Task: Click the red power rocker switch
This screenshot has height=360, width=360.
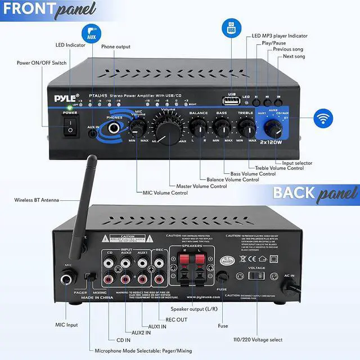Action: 70,130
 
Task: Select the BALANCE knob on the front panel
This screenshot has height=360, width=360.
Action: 198,127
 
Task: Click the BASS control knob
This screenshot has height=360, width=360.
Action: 222,128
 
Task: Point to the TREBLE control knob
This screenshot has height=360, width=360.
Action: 246,127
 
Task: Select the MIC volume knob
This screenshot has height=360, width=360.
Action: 137,127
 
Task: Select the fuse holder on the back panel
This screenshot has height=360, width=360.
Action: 223,277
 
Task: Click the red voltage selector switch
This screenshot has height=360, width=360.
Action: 256,277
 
